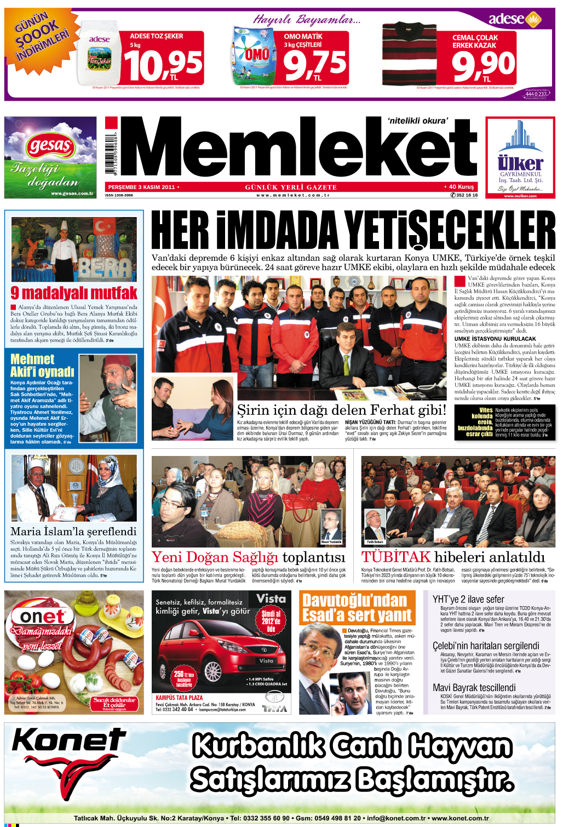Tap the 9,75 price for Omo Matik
pos(315,64)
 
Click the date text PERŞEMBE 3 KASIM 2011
pos(141,187)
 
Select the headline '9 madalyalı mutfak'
pos(74,293)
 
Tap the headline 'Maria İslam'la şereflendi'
pos(73,531)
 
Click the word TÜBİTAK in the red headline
pos(395,557)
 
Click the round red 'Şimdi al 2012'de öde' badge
pos(271,621)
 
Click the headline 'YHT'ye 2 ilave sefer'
pos(468,599)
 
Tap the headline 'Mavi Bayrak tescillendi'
pos(474,687)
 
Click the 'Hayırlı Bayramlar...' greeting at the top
pos(306,20)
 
